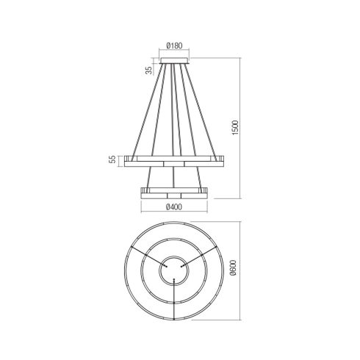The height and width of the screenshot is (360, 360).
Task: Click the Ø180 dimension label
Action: click(174, 46)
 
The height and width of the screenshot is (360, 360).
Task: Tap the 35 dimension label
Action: click(149, 70)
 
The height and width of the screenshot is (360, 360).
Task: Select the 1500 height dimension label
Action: click(235, 128)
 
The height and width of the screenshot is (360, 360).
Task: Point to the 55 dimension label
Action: click(112, 159)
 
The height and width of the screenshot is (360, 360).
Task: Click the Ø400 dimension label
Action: click(174, 207)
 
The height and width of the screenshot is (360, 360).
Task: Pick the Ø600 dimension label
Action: click(234, 267)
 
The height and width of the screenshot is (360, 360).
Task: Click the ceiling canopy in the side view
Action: click(174, 61)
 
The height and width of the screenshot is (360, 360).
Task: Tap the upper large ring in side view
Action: click(174, 161)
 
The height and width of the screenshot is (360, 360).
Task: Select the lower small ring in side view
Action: click(174, 193)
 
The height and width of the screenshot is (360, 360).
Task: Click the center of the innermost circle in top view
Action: click(174, 270)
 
